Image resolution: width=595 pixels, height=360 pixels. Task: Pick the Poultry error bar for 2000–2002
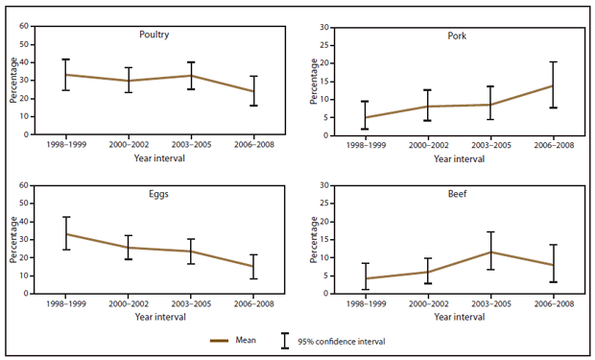[128, 80]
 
